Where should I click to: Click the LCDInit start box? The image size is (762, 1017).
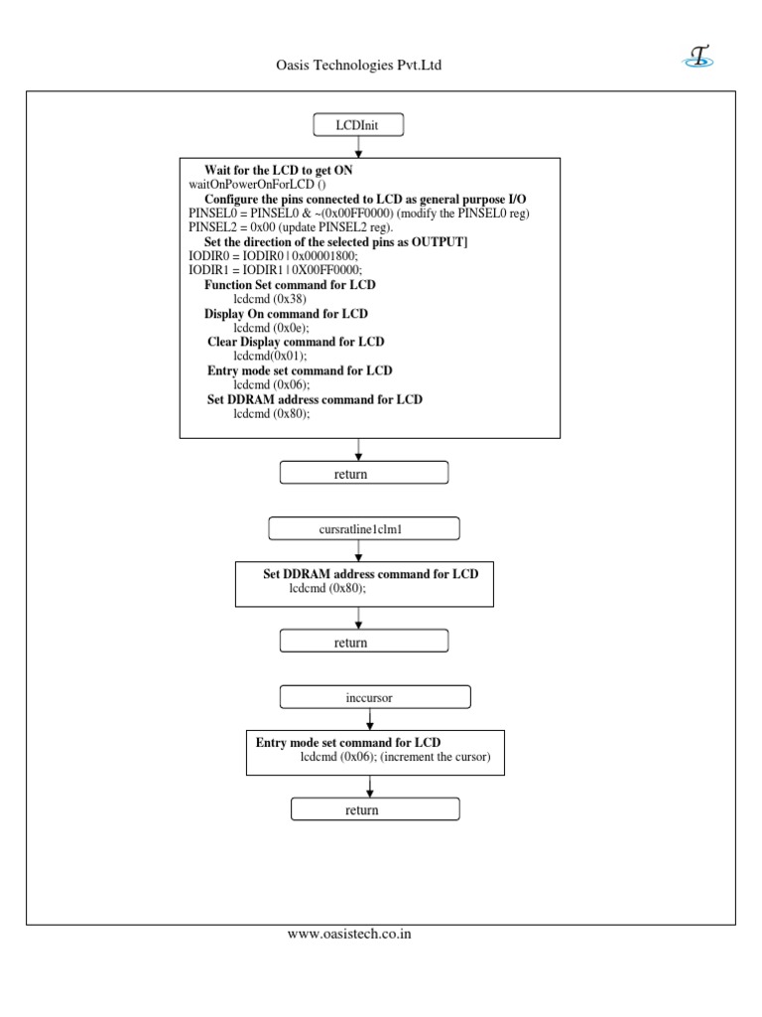[358, 125]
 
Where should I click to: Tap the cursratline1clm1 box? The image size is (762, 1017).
[364, 529]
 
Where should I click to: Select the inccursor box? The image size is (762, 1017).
[369, 697]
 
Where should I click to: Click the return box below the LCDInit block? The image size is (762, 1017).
[364, 474]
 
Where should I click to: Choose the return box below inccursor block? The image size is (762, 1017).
[375, 810]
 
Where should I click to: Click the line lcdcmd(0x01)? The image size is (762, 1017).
[270, 355]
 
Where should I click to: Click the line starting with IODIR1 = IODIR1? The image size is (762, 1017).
[275, 270]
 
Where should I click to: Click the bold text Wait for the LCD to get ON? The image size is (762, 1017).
[278, 170]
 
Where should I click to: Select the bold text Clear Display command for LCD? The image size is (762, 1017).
[296, 341]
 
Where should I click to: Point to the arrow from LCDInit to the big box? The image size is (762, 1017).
[358, 147]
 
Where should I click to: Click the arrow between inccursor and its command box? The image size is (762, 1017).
[369, 719]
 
